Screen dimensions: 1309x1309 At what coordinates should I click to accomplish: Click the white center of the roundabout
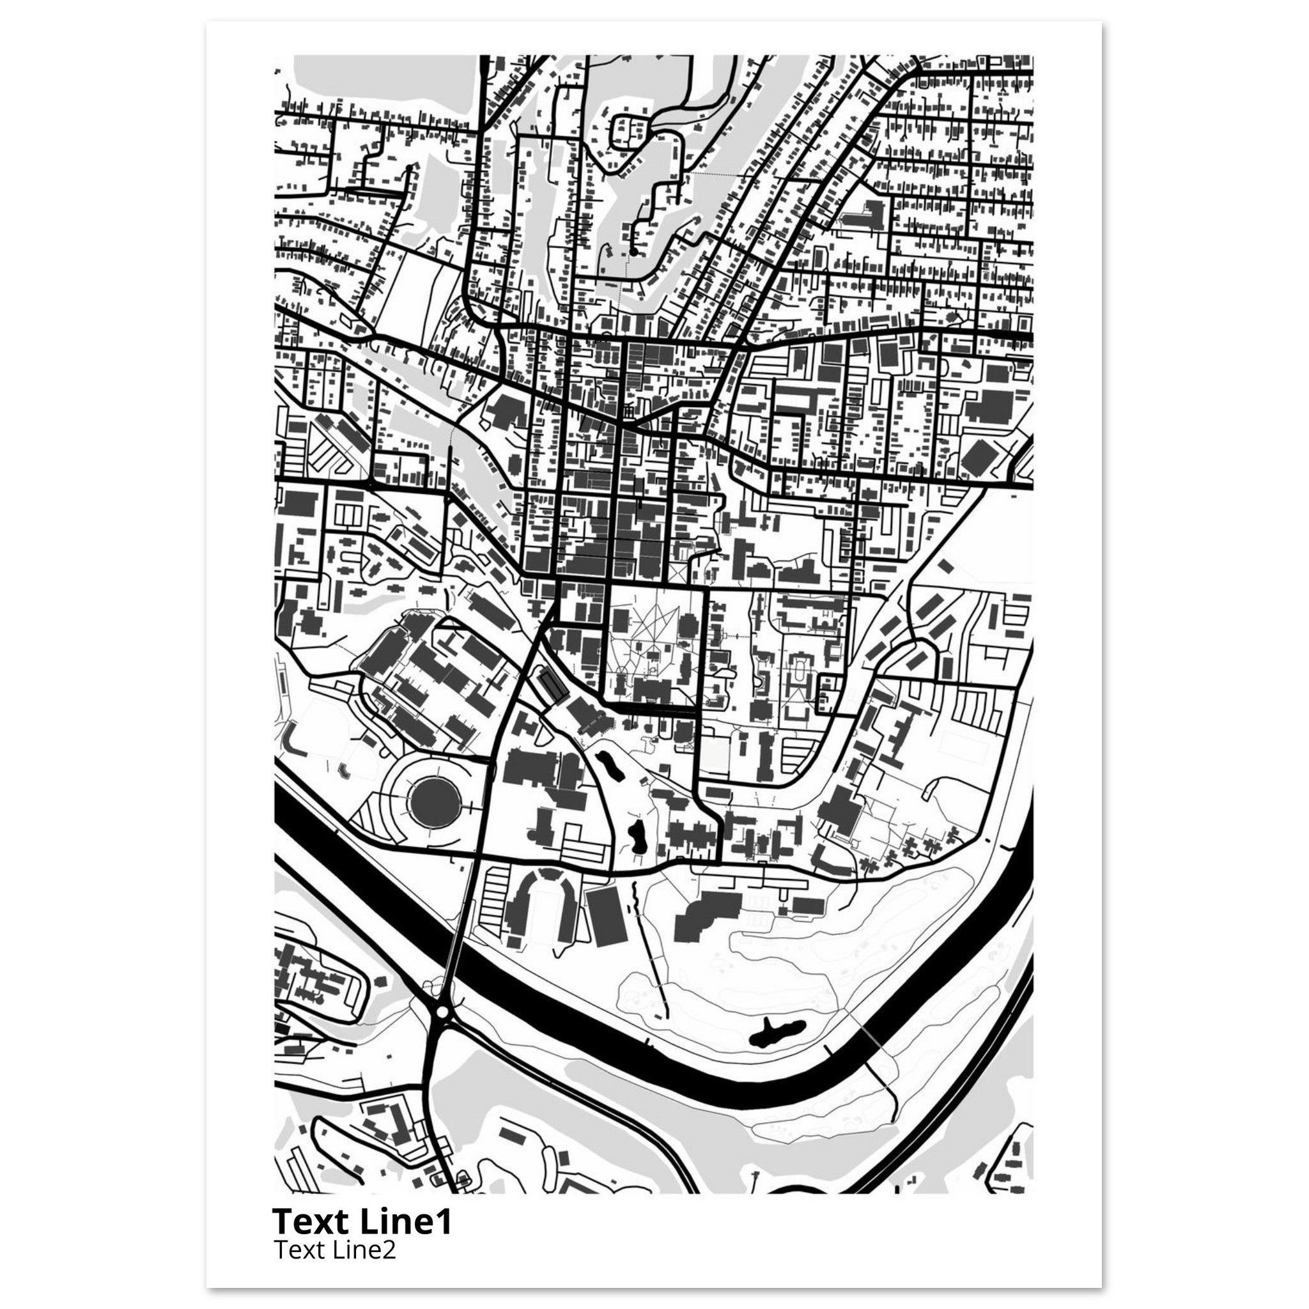(x=443, y=1030)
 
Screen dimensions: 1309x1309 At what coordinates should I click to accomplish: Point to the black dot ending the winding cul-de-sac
(x=633, y=252)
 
